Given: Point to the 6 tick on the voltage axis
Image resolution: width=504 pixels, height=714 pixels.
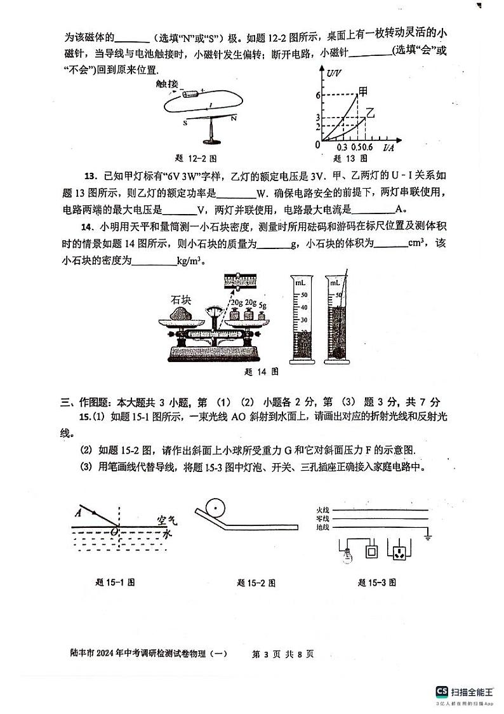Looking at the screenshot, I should click(316, 95).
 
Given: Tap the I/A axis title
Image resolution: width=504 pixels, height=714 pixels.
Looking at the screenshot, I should click(388, 147).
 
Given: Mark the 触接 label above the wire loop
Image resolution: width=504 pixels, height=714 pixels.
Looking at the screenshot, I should click(167, 84).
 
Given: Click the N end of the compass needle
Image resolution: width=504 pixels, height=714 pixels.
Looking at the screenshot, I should click(234, 119).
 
